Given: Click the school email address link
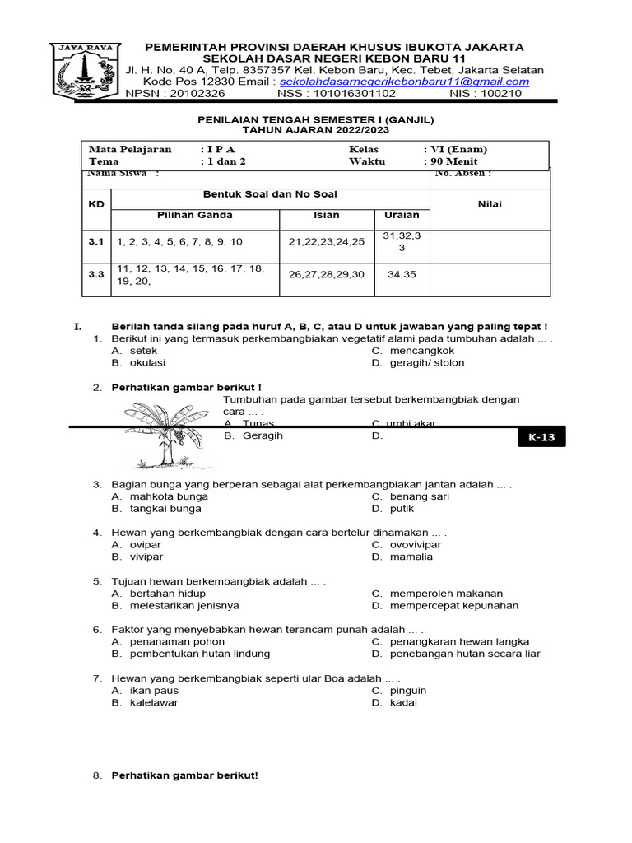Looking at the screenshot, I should [x=404, y=82].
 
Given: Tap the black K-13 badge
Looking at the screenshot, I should [x=541, y=438].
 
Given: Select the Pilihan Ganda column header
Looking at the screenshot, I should [x=195, y=215].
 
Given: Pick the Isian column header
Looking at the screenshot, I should [x=327, y=215].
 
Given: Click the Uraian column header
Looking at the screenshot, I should [x=402, y=215].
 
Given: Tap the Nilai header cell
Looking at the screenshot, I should [x=490, y=204].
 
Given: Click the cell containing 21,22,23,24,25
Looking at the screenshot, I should [x=327, y=241].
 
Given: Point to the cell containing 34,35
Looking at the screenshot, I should [x=402, y=275].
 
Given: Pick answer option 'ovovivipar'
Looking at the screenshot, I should [x=416, y=545].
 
